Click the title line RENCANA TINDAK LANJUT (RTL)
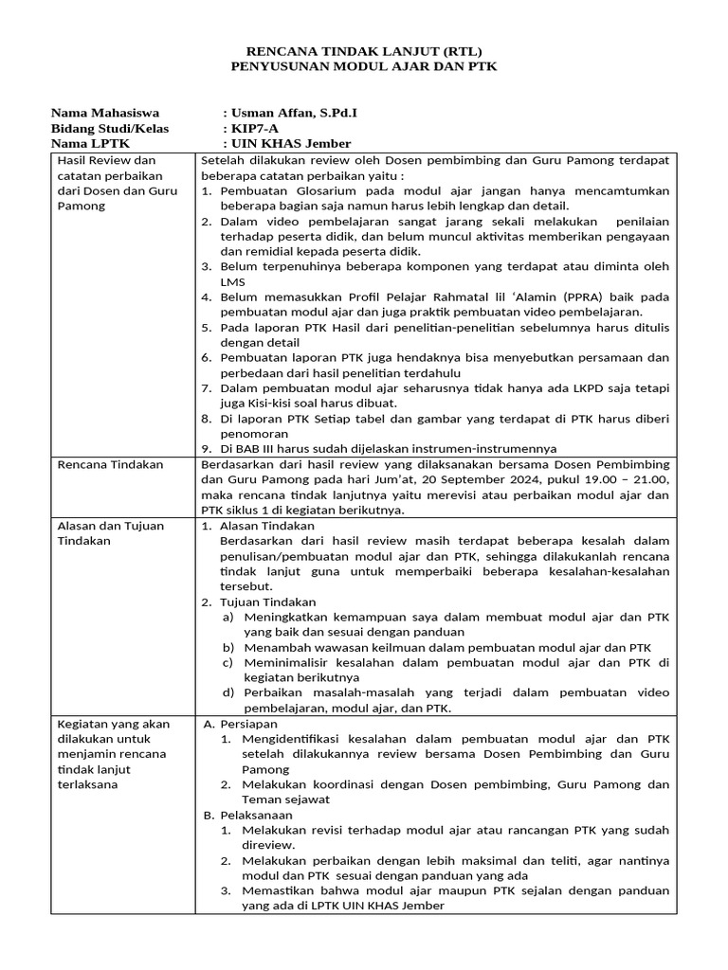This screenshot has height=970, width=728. [364, 51]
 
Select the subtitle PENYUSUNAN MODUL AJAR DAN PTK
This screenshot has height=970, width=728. [364, 67]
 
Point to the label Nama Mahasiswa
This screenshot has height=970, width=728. [105, 113]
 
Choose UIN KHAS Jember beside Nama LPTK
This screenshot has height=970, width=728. [290, 143]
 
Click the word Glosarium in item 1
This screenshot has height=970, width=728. [319, 190]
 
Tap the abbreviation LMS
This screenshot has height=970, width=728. [232, 281]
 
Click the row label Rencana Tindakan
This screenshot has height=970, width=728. [111, 464]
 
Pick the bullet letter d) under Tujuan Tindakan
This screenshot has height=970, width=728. [228, 692]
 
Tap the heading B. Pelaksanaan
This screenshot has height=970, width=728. [241, 814]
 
